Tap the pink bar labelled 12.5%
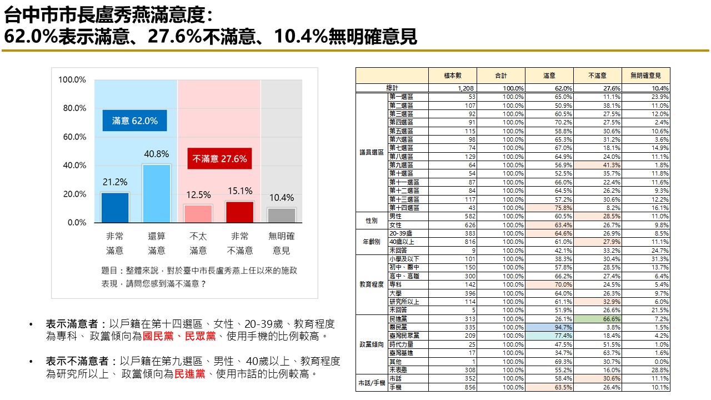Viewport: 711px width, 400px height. (198, 213)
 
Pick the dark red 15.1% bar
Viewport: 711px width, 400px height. (240, 212)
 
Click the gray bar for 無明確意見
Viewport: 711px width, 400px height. (282, 215)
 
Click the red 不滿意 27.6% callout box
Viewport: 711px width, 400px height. (219, 159)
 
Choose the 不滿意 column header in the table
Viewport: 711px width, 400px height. (598, 76)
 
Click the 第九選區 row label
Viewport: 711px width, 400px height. (401, 165)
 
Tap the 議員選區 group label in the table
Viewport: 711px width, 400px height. (372, 152)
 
